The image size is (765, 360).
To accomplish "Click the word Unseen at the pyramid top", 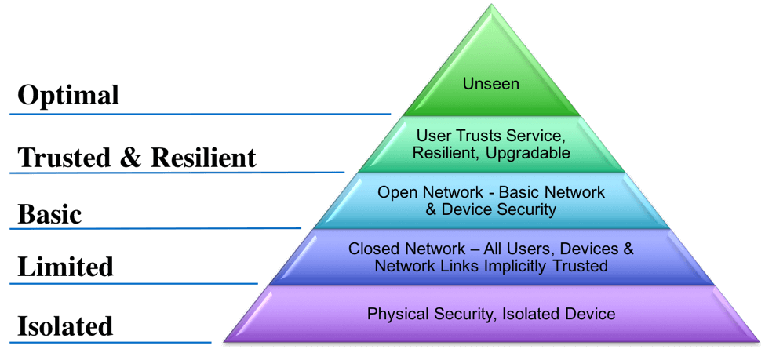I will (x=491, y=83).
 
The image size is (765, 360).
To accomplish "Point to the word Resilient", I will (x=442, y=153).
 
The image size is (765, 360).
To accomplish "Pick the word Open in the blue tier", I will (x=395, y=192).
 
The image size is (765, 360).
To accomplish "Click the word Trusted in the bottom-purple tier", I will (x=582, y=266).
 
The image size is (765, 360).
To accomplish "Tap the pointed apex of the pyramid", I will (x=492, y=6).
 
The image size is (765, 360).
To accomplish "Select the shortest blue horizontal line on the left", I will (x=111, y=341).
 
